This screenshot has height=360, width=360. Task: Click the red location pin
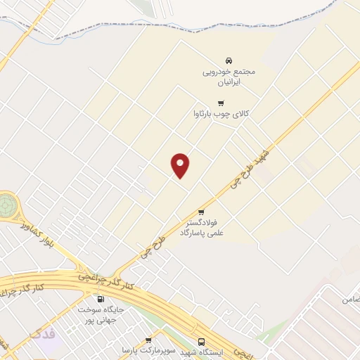click(x=181, y=165)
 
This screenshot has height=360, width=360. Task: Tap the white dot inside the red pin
click(x=181, y=162)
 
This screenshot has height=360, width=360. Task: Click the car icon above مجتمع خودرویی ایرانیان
click(x=229, y=60)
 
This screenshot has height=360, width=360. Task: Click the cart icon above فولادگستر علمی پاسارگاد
click(x=201, y=212)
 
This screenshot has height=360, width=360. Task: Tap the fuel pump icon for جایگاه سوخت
click(x=101, y=299)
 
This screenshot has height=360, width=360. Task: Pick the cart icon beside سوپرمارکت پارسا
click(x=148, y=340)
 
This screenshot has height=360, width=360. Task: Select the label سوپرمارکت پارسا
click(x=127, y=349)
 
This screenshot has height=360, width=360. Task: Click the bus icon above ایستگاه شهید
click(x=202, y=342)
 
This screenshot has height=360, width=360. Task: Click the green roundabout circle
click(x=8, y=206)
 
